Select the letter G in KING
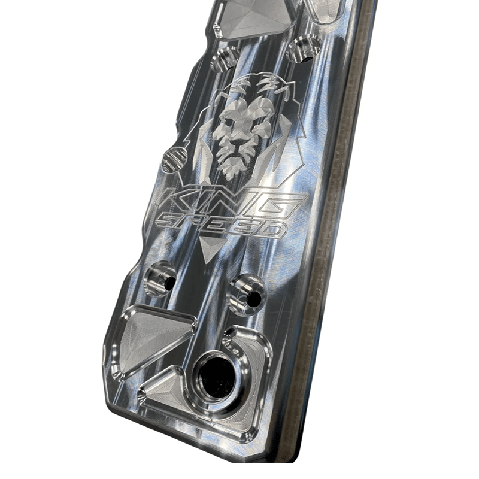pos(287,205)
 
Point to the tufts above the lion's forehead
pos(251,84)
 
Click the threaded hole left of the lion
pos(174,159)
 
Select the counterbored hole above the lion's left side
pos(224,59)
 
